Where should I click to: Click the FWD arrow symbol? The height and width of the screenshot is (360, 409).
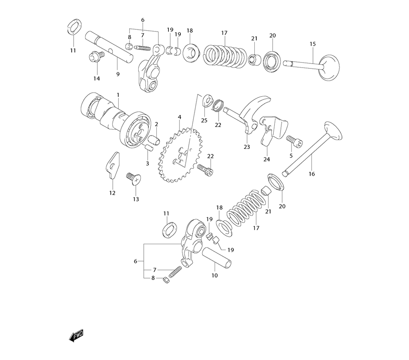coord(76,335)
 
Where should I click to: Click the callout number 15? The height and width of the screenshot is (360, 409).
coord(312,44)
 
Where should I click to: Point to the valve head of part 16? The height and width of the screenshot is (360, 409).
coord(333,130)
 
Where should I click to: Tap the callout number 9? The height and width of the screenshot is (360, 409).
coord(118,74)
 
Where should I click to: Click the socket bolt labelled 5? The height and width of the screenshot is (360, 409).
coord(295,142)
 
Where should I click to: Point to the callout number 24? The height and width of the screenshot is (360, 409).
coord(266,159)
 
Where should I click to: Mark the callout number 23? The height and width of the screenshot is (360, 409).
coord(247,146)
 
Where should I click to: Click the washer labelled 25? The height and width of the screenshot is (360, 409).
coord(207,101)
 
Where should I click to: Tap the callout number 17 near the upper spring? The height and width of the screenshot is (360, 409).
coord(224,33)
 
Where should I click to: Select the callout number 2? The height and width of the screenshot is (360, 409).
coord(156,124)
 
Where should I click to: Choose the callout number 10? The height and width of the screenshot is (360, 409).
coord(215,275)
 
